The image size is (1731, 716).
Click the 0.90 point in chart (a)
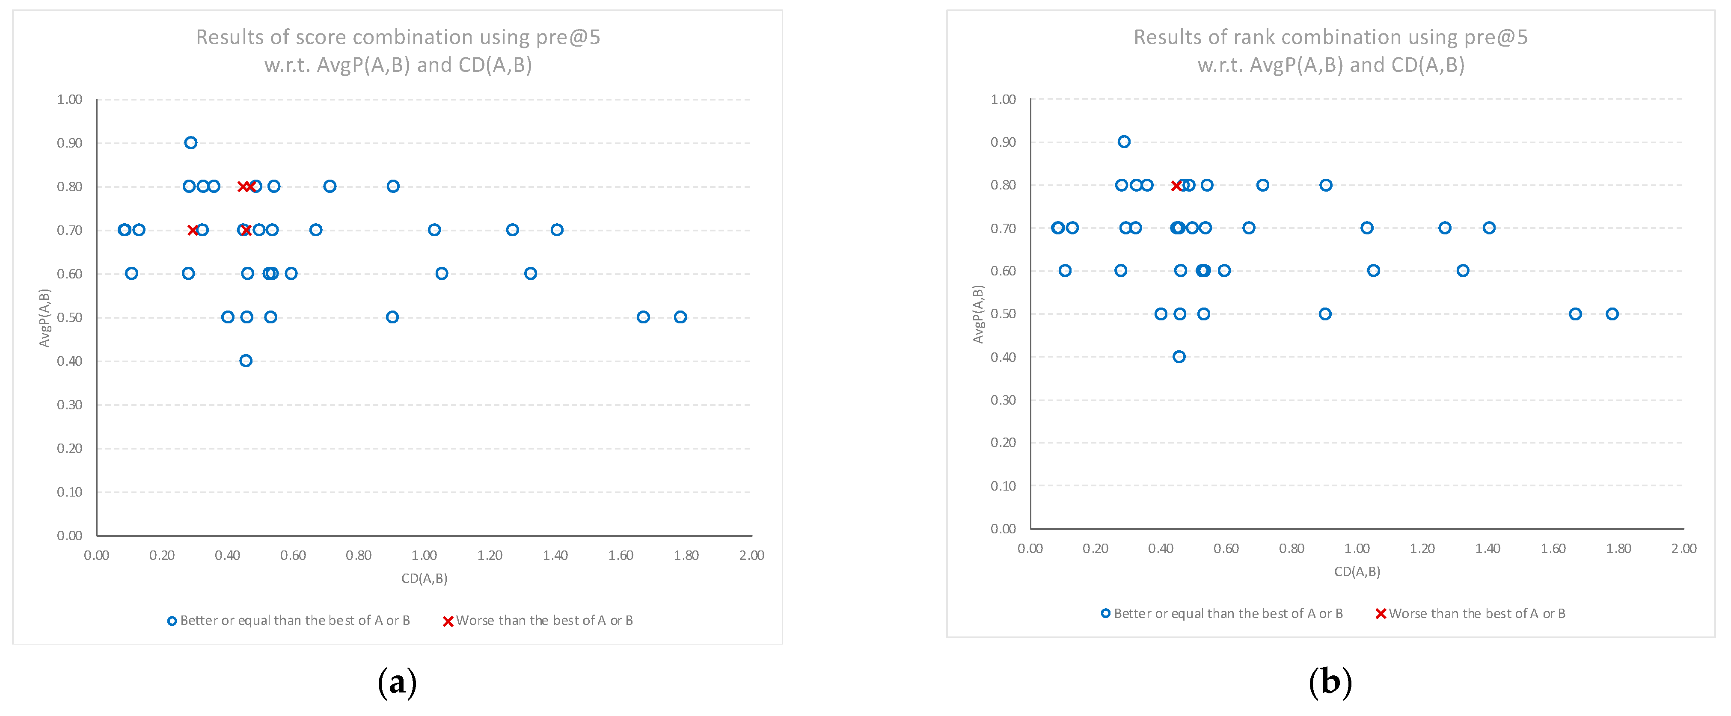coord(191,142)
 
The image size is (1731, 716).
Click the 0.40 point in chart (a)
coord(246,361)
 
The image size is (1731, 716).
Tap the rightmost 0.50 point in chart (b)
coord(1612,314)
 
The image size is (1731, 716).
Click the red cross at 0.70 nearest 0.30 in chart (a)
coord(193,230)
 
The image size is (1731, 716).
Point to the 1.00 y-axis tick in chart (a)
coord(69,99)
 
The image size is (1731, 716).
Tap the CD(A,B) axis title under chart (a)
coord(424,578)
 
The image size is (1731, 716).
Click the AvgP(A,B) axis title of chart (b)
coord(978,314)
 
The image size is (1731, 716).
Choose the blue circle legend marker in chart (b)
coord(1105,613)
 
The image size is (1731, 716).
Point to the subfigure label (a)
coord(397,682)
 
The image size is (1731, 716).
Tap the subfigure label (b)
coord(1330,682)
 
